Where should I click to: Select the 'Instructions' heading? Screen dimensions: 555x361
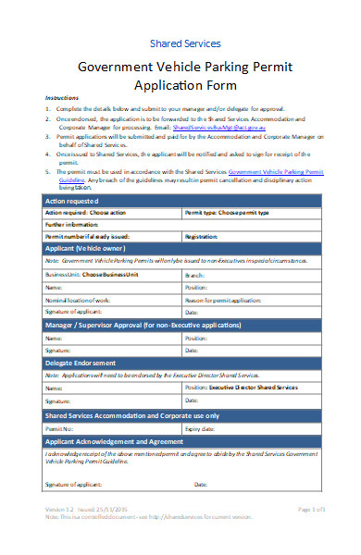point(63,98)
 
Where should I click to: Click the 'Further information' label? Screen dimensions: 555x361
point(72,224)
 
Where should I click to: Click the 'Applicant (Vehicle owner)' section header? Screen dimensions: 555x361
point(94,250)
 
